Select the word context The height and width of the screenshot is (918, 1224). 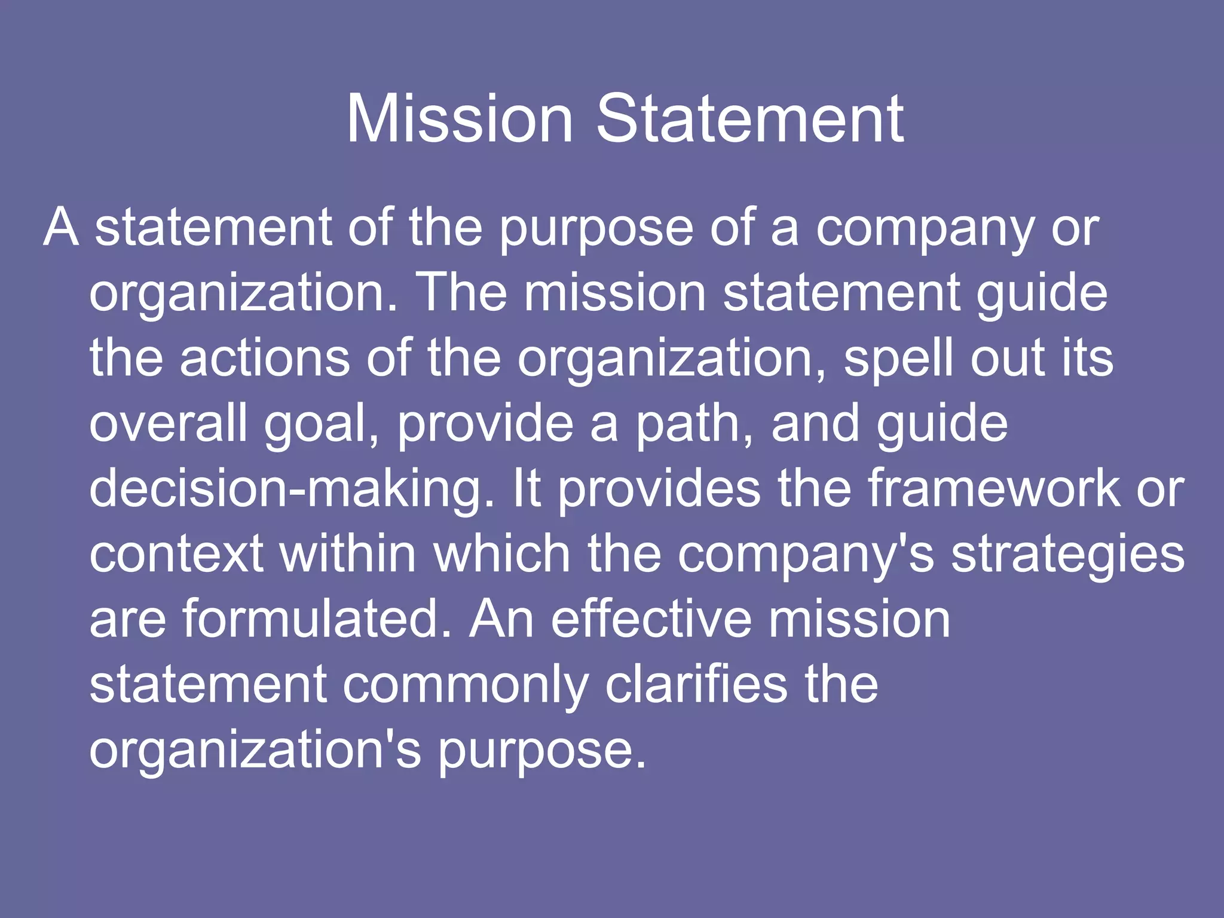pos(176,554)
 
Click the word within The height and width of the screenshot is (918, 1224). pos(348,554)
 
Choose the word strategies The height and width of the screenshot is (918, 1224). pos(1067,555)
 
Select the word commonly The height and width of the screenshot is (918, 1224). pos(466,686)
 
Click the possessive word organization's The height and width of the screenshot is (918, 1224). pos(255,750)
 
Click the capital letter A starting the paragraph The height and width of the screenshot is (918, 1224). pos(61,228)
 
